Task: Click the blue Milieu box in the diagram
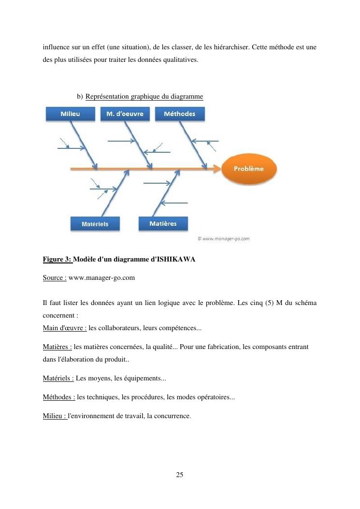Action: pos(71,114)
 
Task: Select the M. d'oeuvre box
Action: pos(125,114)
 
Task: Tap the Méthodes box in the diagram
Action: pos(180,114)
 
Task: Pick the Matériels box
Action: pos(95,224)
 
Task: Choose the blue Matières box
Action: pos(163,224)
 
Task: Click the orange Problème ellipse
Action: pos(249,169)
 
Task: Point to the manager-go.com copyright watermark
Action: pos(223,238)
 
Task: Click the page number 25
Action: pos(180,475)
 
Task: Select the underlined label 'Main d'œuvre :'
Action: pos(65,328)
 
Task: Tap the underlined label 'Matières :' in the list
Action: pos(57,347)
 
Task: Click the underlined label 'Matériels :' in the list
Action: pos(58,378)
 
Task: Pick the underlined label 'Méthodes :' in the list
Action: pos(59,397)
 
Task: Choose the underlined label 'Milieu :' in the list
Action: pos(55,415)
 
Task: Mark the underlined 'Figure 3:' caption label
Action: pos(57,260)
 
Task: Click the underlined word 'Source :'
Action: pos(55,278)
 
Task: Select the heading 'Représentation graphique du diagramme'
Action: pos(144,97)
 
